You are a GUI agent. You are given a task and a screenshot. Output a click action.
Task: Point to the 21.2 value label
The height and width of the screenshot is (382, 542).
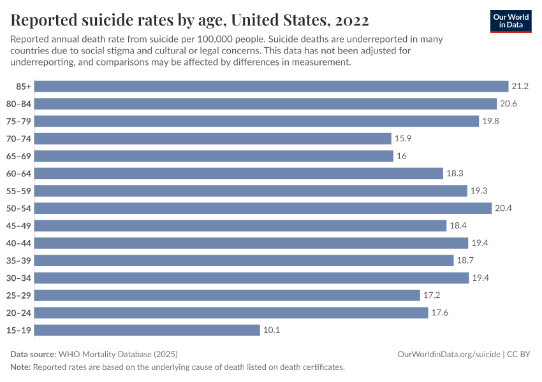[520, 86]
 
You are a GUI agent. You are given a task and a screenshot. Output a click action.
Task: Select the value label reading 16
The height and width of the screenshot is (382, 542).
[402, 156]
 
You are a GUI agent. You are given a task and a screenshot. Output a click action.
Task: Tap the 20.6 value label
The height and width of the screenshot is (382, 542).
[509, 104]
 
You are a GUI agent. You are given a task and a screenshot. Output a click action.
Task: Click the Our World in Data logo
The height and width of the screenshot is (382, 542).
[510, 20]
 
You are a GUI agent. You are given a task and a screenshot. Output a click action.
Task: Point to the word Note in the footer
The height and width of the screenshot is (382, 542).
[20, 367]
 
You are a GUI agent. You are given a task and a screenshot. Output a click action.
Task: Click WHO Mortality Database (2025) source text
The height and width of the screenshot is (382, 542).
[118, 354]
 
